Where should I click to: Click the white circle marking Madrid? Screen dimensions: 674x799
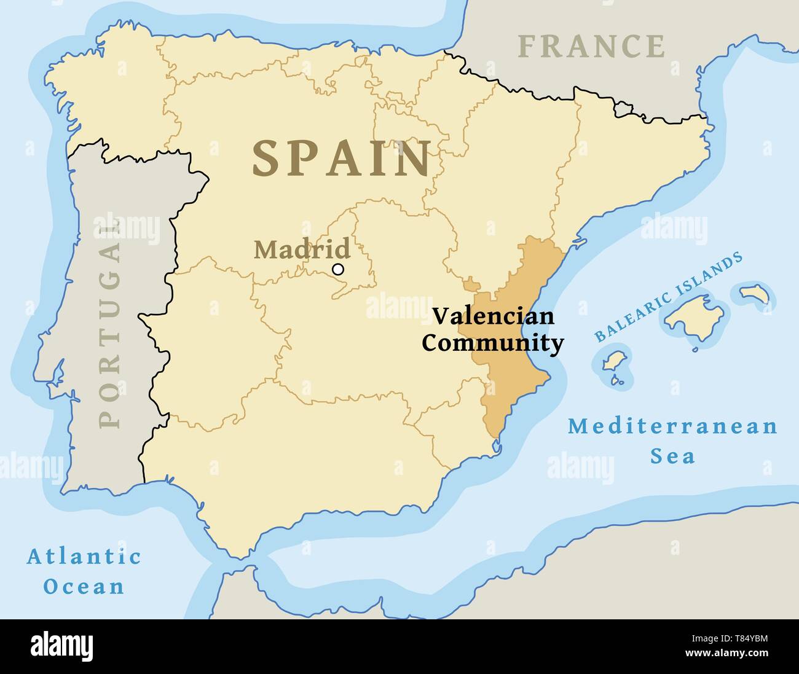point(337,269)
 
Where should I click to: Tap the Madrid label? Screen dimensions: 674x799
point(302,249)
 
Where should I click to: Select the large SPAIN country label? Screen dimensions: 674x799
point(342,159)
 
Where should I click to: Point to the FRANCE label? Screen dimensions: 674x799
point(591,47)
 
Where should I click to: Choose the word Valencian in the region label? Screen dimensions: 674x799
point(493,316)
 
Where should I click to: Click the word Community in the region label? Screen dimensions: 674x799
point(493,343)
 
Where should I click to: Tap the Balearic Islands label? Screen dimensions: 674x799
point(668,297)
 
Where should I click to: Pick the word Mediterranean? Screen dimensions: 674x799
point(672,426)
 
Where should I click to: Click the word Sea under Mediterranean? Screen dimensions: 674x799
point(672,457)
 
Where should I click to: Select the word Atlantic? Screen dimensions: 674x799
point(84,557)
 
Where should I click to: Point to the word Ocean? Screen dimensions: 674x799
point(84,586)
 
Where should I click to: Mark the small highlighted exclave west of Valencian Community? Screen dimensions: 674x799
point(471,284)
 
